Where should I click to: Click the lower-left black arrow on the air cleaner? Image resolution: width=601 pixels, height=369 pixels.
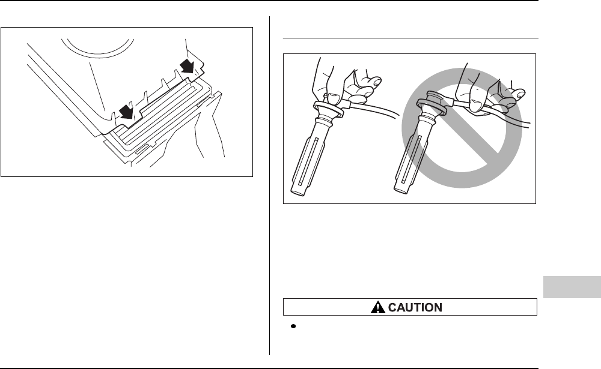point(126,110)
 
